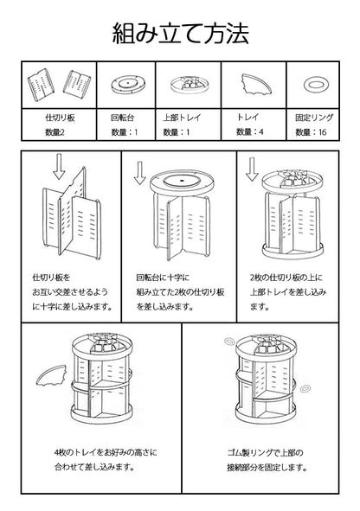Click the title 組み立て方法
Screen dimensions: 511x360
[181, 34]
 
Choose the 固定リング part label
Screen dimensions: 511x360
[313, 114]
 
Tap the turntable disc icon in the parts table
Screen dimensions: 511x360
[126, 85]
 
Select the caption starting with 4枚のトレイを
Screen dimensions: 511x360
[93, 458]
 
